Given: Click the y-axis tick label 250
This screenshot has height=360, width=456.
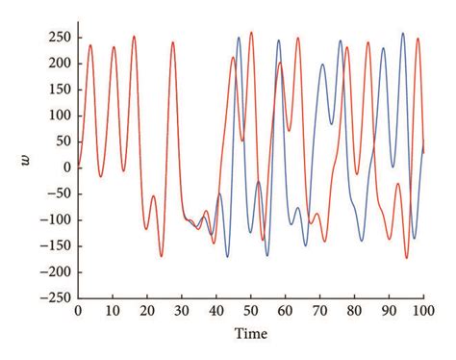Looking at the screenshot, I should click(60, 37).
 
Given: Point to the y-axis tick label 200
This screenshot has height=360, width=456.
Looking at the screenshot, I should click(60, 63).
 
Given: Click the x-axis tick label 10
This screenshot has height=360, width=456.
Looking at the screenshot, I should click(113, 311).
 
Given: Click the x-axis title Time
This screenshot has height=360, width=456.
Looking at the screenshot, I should click(251, 332).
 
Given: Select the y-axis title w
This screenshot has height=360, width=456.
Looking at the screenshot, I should click(26, 165).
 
